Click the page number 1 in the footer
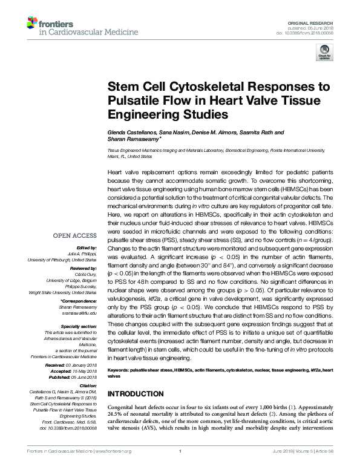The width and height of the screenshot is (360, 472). click(x=181, y=468)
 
